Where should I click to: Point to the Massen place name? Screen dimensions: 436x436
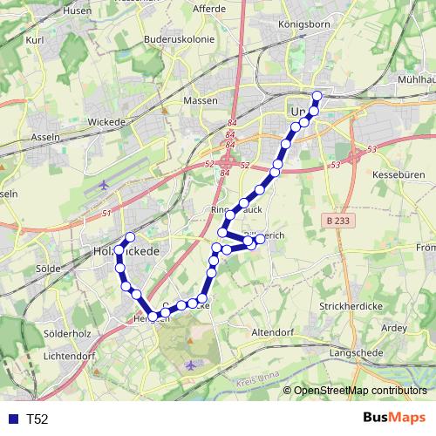[x=200, y=100]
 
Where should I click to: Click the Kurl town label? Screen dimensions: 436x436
[x=35, y=40]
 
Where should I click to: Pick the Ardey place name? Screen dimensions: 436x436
[x=394, y=328]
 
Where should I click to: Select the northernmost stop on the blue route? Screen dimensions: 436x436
[x=317, y=95]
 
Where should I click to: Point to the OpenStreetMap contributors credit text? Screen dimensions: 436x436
[x=360, y=391]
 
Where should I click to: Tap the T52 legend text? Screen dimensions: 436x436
[x=37, y=419]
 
